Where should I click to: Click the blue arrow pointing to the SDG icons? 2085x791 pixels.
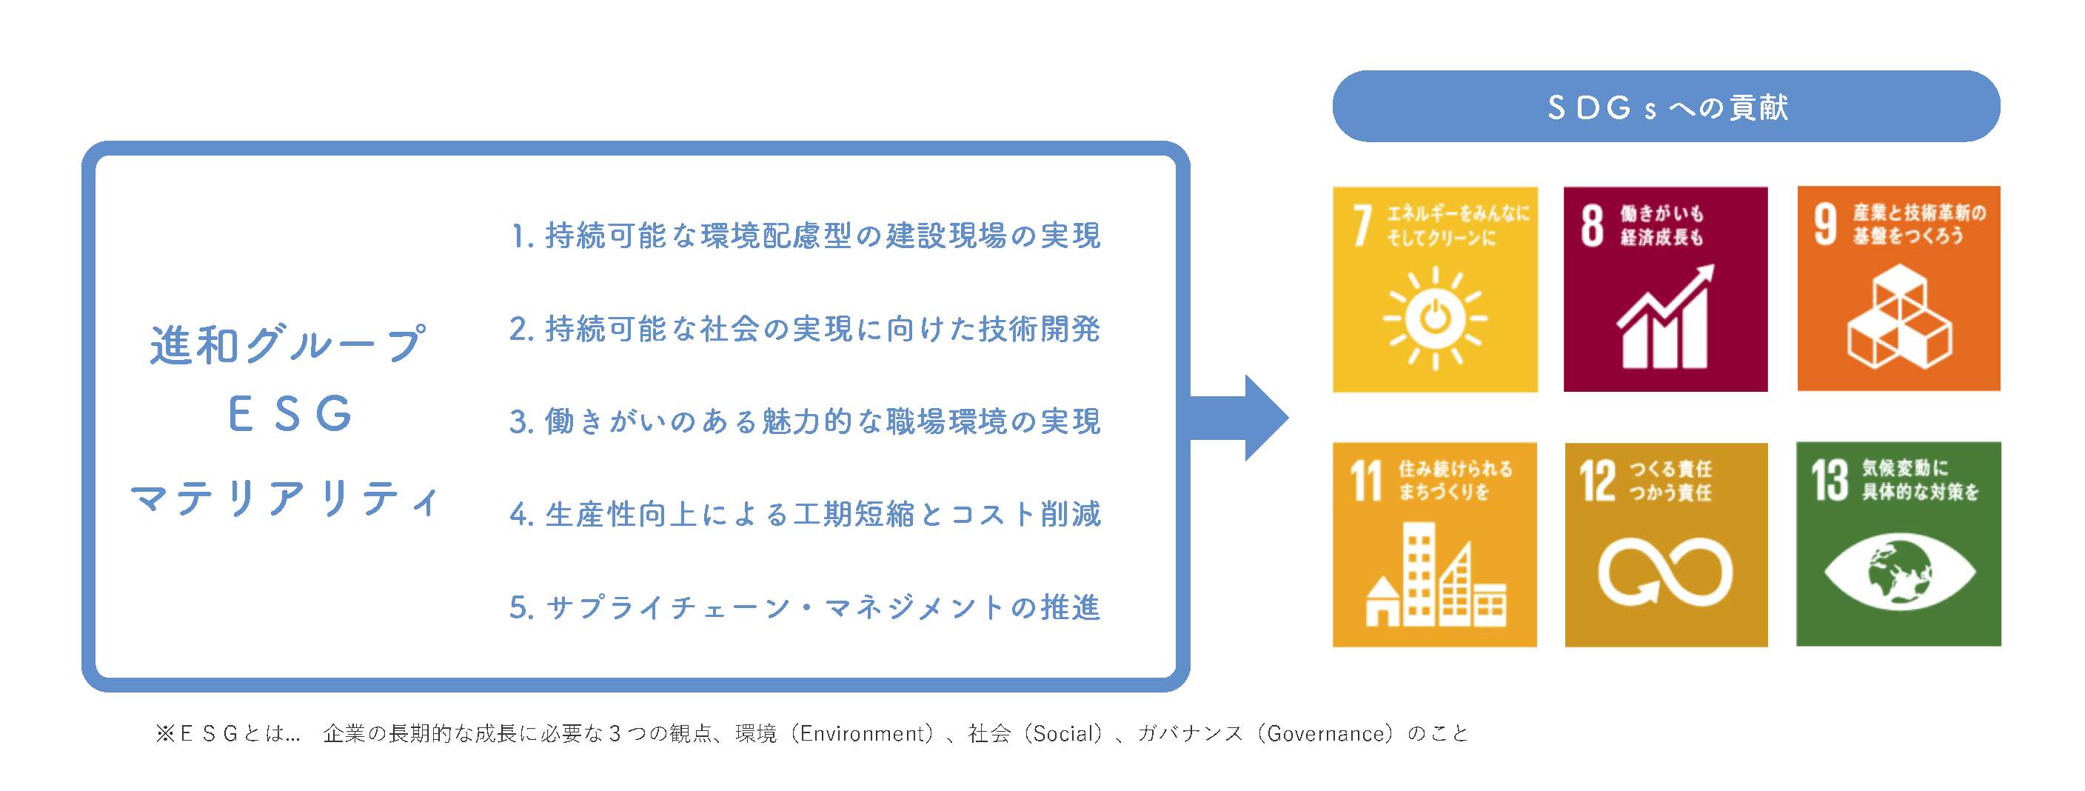coord(1239,418)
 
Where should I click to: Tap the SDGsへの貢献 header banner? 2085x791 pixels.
coord(1666,106)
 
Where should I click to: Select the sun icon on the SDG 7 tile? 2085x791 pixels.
coord(1435,318)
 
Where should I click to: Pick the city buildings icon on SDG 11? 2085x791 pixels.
coord(1436,574)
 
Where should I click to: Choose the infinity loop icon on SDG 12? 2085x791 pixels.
coord(1666,573)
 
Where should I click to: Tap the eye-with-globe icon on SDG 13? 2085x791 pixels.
coord(1900,573)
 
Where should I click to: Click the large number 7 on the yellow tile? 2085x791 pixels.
coord(1363,225)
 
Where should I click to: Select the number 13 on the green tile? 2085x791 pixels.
coord(1830,480)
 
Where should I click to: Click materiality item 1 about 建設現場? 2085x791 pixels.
coord(806,236)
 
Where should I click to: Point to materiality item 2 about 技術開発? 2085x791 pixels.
coord(806,329)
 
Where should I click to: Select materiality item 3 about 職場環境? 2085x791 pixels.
coord(806,421)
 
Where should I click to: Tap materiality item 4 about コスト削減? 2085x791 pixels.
coord(806,514)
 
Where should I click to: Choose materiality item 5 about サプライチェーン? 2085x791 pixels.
coord(806,607)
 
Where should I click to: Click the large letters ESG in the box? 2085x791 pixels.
coord(290,414)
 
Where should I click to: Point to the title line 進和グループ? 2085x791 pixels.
coord(287,344)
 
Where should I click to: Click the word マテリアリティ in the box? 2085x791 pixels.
coord(285,498)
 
